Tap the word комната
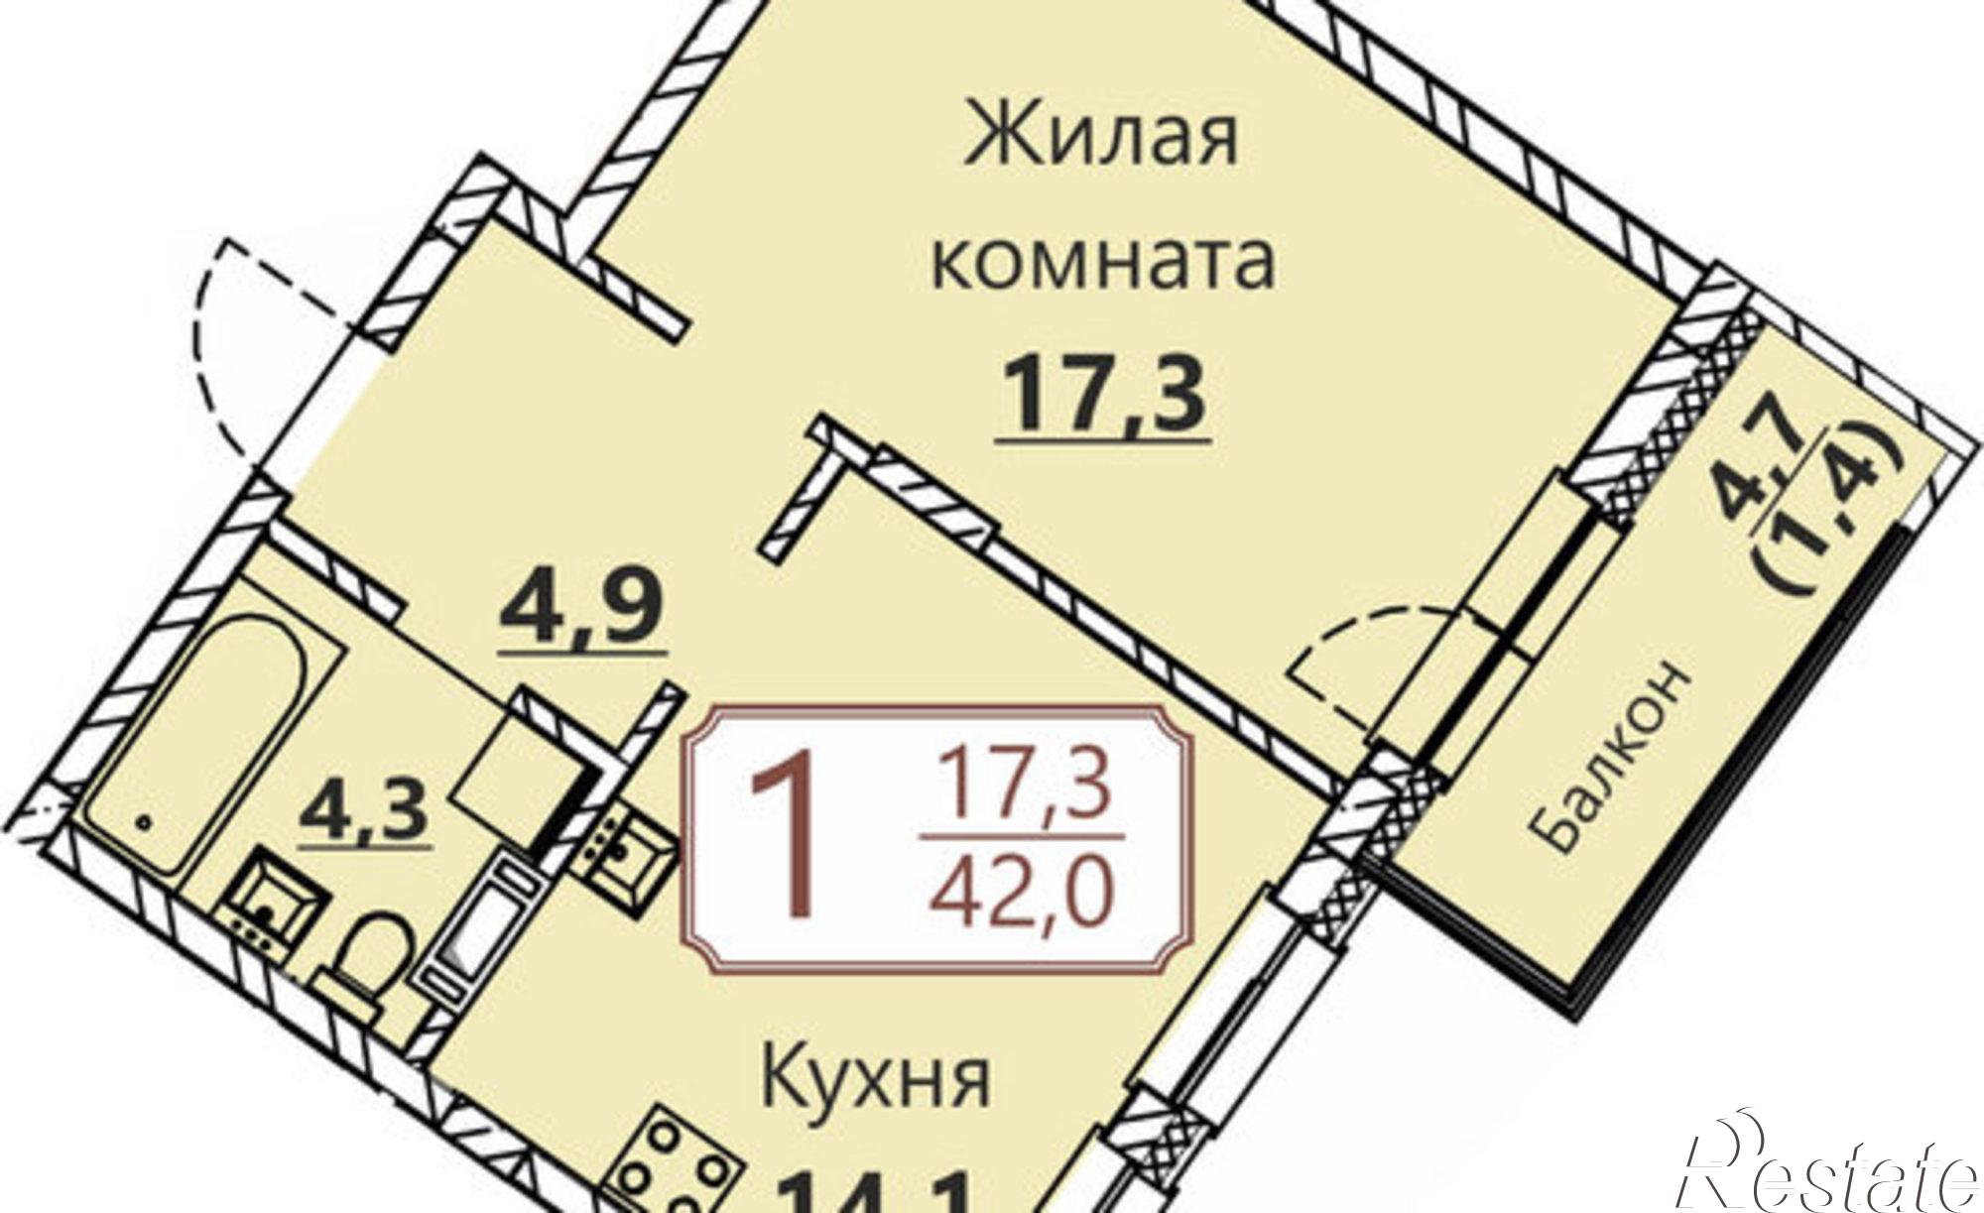pos(1102,260)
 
